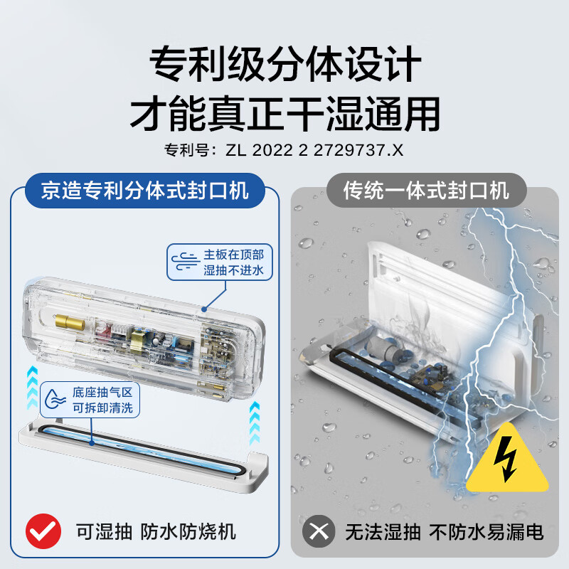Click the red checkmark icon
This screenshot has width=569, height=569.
[45, 531]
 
